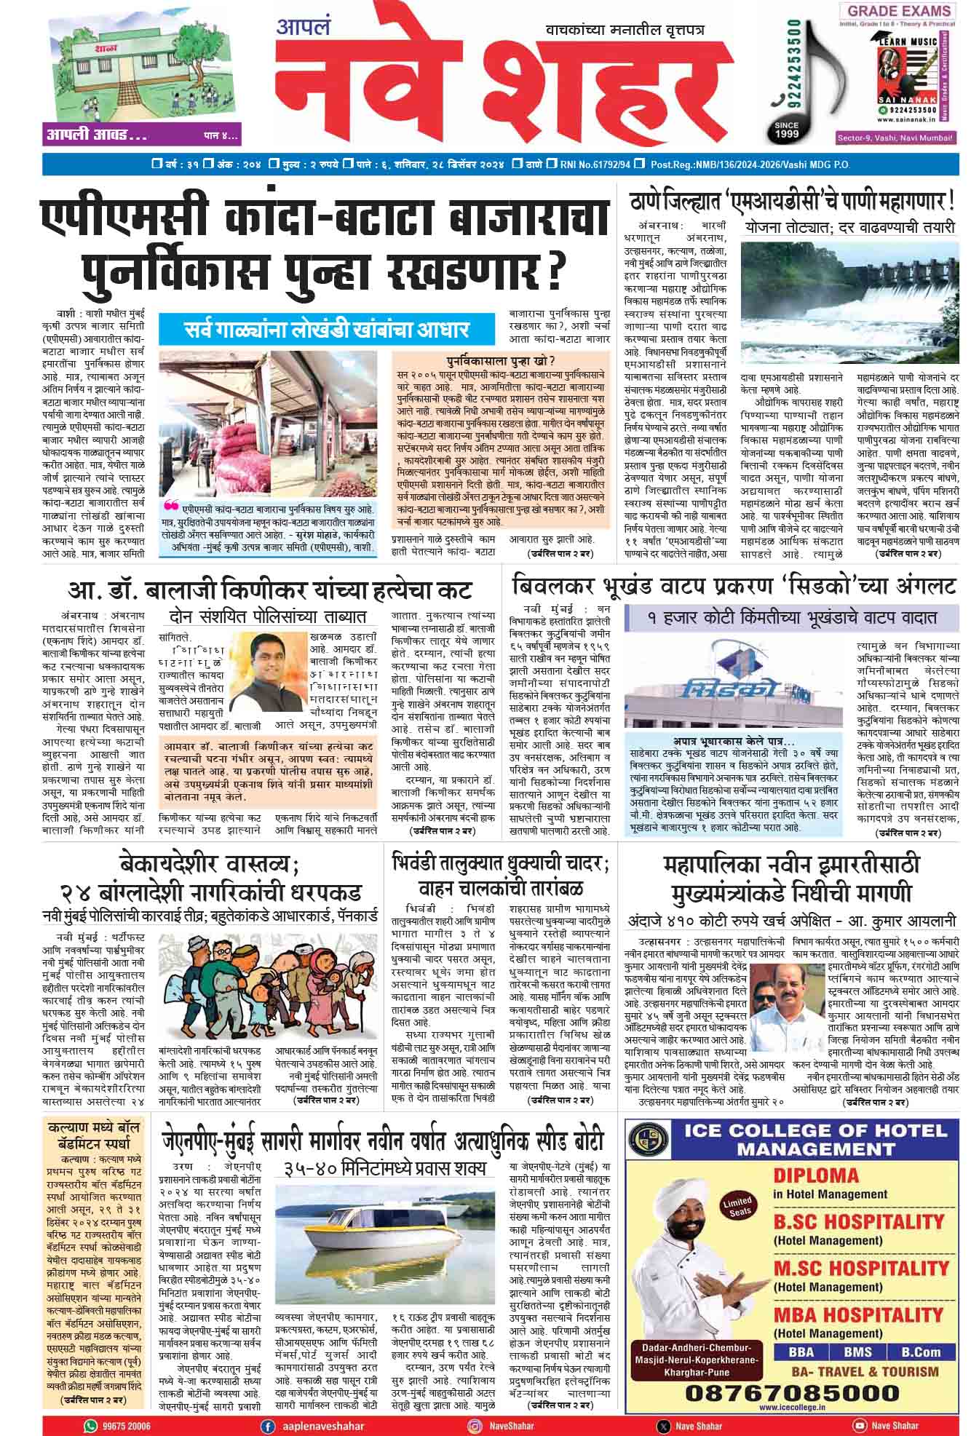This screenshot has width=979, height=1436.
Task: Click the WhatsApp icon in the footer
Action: point(90,1426)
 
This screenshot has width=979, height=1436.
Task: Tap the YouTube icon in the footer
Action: point(860,1426)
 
